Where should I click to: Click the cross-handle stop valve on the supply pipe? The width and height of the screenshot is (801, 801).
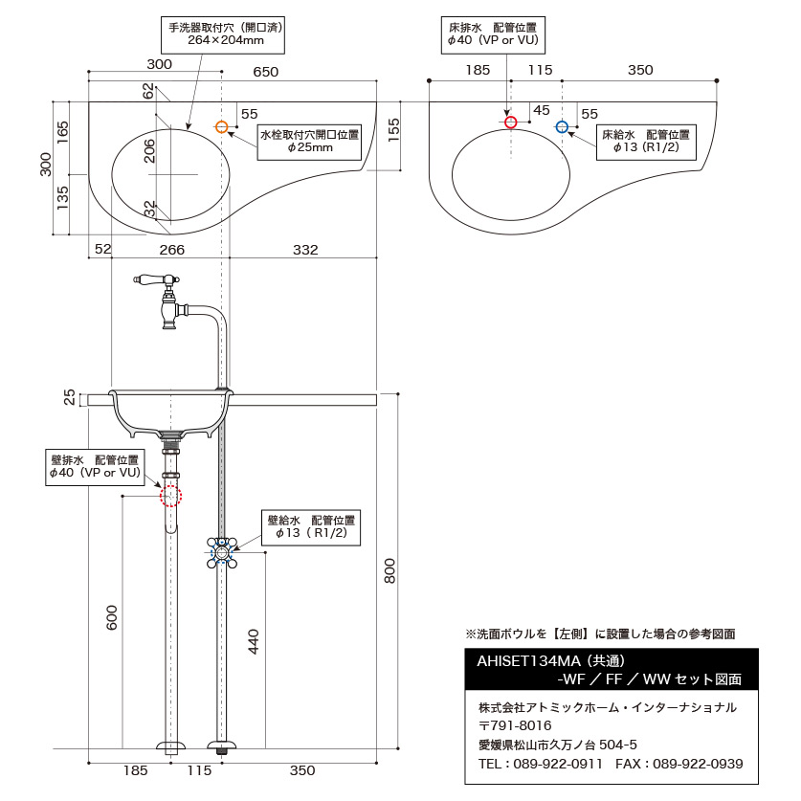[222, 552]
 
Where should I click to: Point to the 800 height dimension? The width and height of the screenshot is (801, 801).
[389, 570]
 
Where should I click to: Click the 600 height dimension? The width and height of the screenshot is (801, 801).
[111, 617]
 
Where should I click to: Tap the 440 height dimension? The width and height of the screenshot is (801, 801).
[254, 641]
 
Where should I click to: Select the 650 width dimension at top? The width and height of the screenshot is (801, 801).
[266, 72]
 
